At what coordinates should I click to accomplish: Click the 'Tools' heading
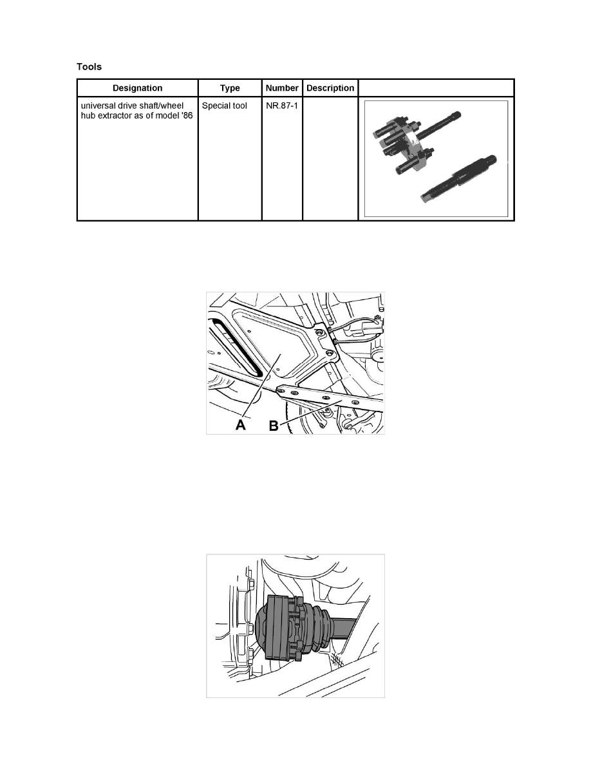coord(89,66)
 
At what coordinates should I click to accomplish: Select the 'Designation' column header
coord(138,88)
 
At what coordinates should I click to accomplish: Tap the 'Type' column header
coord(230,88)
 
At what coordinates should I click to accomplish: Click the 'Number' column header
coord(282,88)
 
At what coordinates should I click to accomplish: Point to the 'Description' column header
coord(330,88)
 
